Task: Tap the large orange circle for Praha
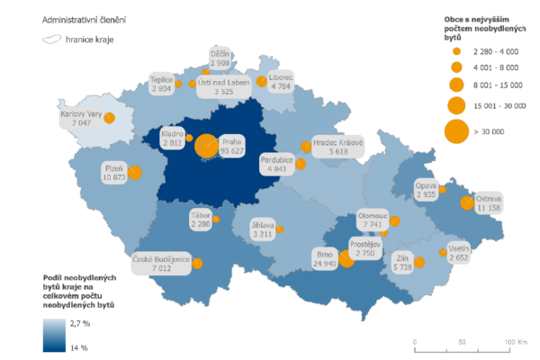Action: [206, 146]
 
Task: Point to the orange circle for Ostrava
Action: [467, 202]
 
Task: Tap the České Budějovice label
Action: [159, 261]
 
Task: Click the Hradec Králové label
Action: [337, 148]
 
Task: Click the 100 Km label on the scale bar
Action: [515, 342]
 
